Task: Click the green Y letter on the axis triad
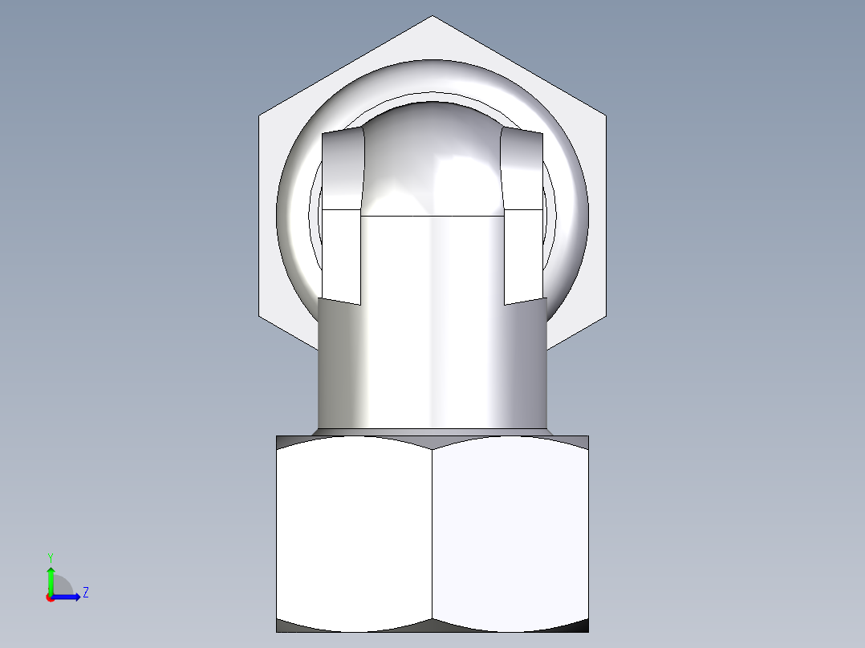click(50, 557)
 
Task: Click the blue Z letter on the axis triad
click(85, 593)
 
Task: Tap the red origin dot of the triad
click(51, 597)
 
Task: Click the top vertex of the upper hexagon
click(433, 17)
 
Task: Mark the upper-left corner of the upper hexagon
click(260, 117)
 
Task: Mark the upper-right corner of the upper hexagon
click(605, 117)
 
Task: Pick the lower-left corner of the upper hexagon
click(260, 316)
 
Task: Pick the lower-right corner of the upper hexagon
click(605, 316)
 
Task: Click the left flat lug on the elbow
click(342, 217)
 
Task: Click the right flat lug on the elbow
click(523, 217)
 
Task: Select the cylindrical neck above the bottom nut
click(433, 369)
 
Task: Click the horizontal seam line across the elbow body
click(433, 216)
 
